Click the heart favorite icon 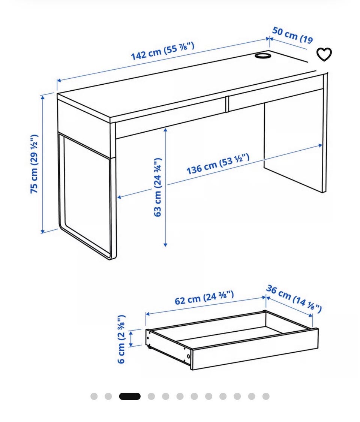point(324,54)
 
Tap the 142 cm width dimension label point(162,51)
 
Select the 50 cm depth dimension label point(292,35)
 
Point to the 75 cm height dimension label point(34,164)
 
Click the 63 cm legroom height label point(157,187)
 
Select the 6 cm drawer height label point(122,339)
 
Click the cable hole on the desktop point(262,55)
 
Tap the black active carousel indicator point(130,396)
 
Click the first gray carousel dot point(94,396)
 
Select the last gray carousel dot point(266,396)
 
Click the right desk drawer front point(276,93)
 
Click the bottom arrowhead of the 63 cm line point(165,245)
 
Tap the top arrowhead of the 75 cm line point(42,97)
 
